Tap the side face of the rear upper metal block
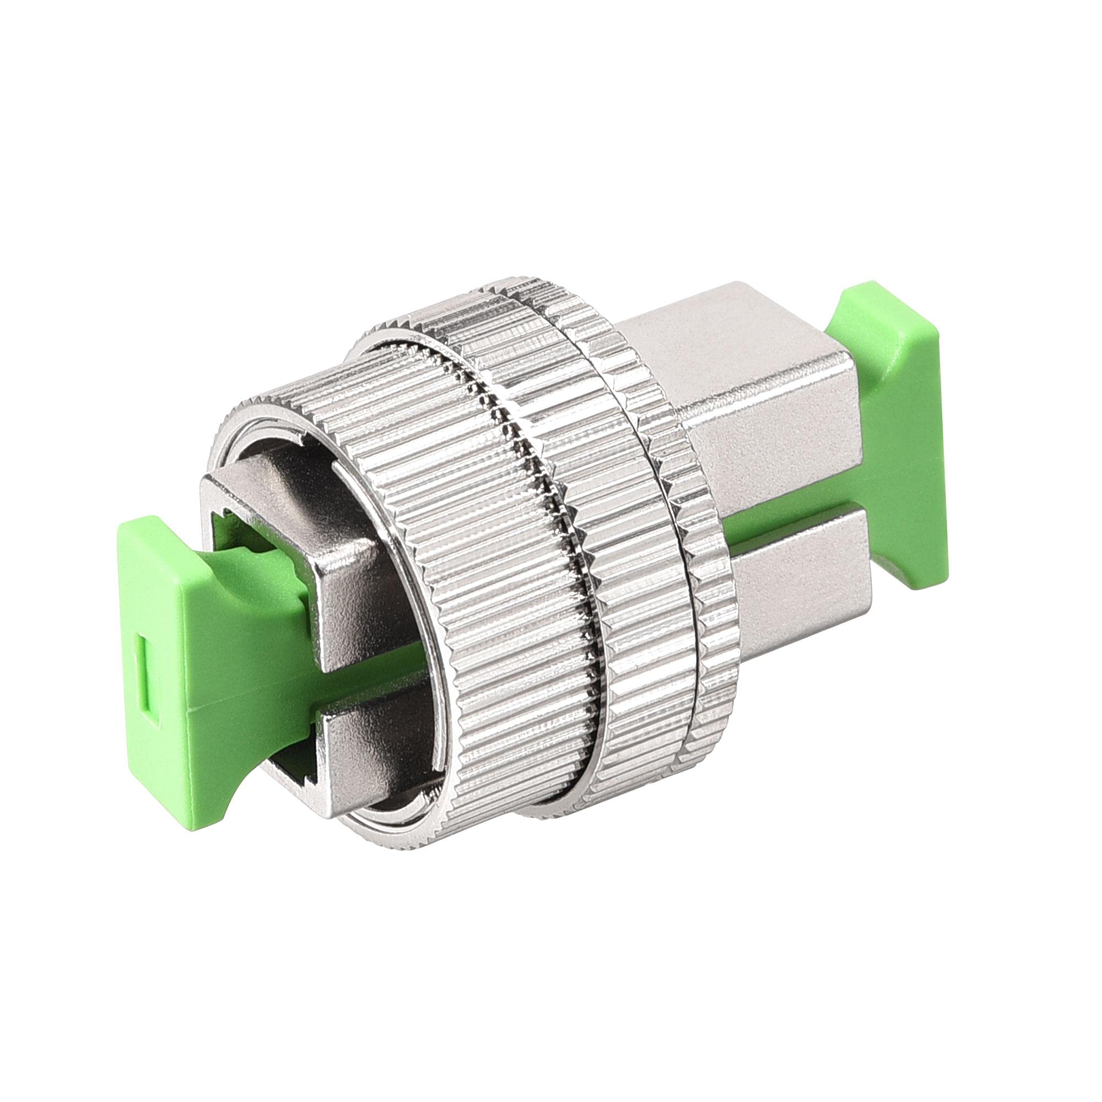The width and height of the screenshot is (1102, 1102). pos(770,439)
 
